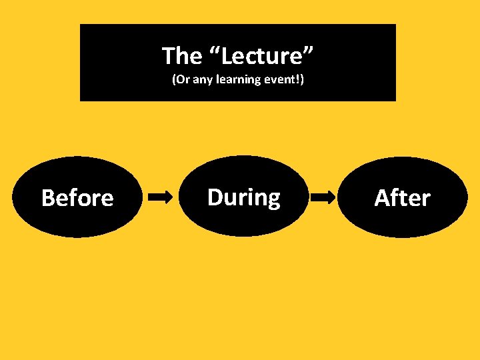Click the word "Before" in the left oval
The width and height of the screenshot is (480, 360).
tap(77, 198)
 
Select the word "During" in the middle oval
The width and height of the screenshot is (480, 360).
tap(244, 197)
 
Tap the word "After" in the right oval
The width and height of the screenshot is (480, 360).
tap(402, 198)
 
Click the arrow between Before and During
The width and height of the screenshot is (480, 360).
tap(160, 197)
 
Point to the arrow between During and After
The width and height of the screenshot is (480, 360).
tap(324, 197)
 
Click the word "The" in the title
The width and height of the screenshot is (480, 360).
tap(181, 55)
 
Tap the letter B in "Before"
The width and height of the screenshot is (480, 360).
tap(48, 198)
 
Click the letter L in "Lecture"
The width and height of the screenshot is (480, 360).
tap(227, 56)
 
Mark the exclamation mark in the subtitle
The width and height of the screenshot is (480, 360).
tap(298, 80)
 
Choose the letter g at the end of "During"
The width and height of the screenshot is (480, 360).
tap(273, 200)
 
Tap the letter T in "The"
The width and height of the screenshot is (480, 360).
tap(168, 55)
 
